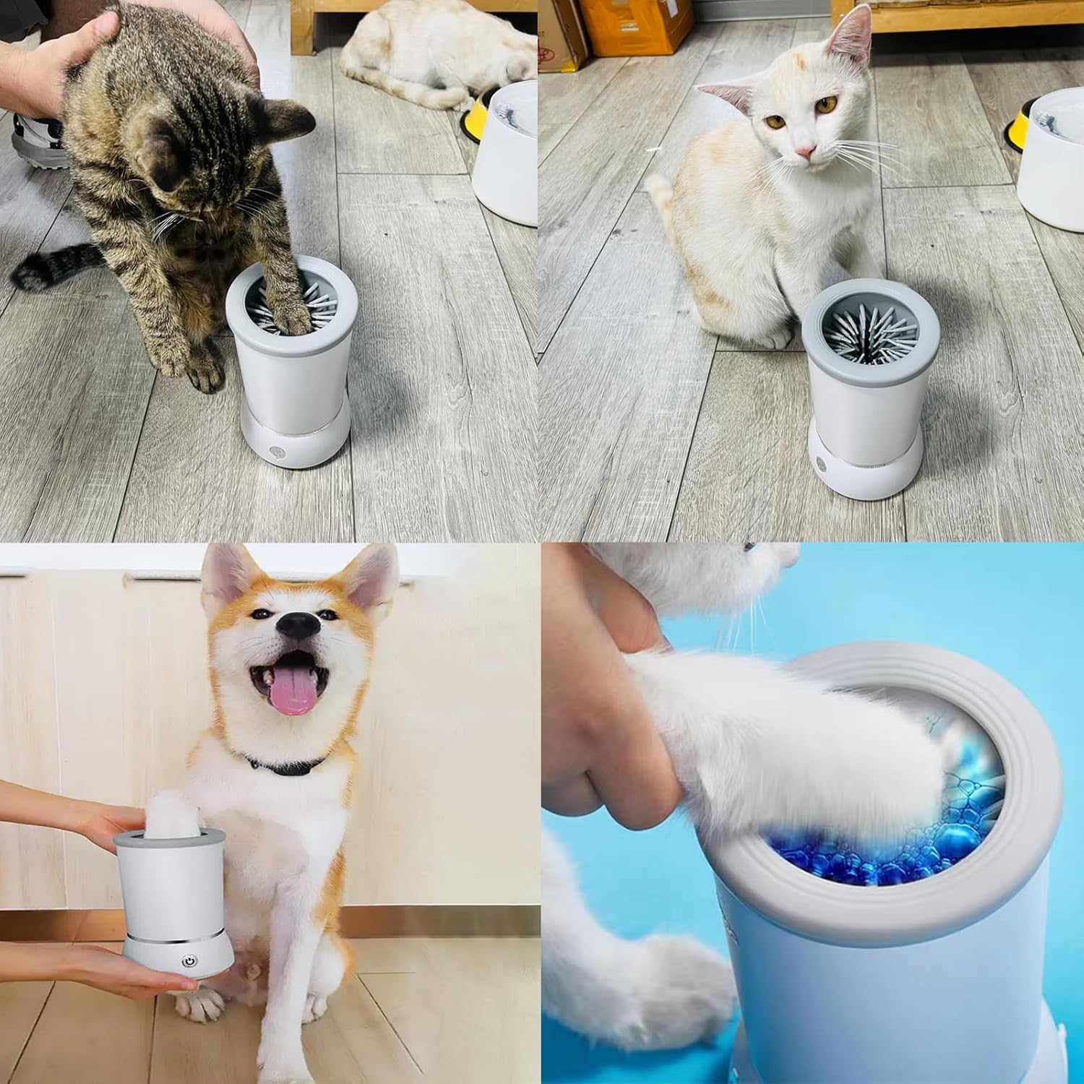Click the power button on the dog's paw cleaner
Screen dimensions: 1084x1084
(189, 962)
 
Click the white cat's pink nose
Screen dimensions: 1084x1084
(806, 152)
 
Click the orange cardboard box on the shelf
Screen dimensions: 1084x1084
(625, 25)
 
